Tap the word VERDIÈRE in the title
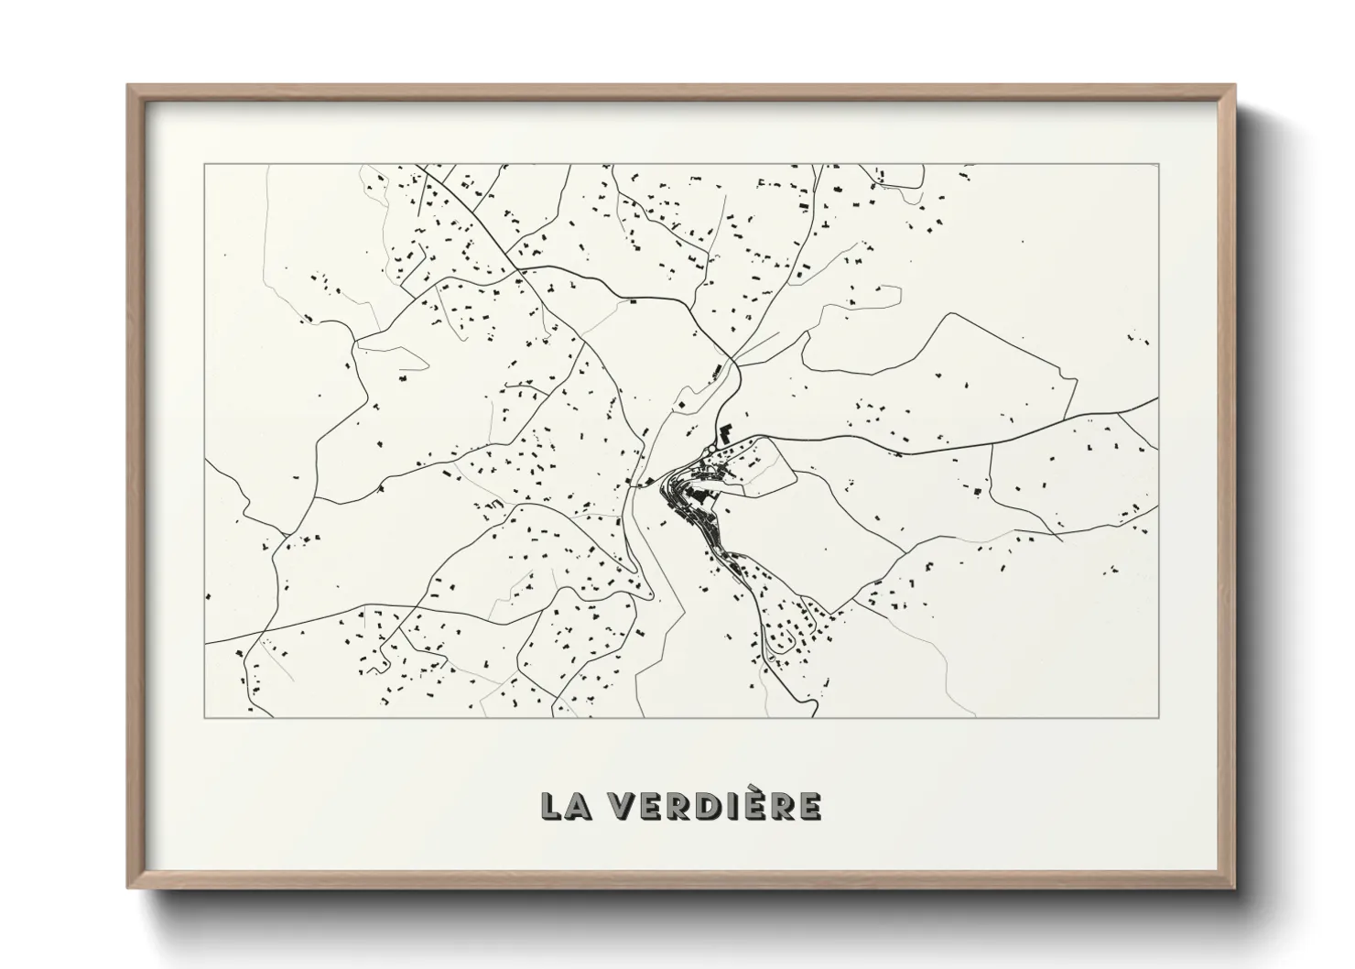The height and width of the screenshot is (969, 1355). click(718, 805)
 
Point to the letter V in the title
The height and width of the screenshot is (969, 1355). click(626, 805)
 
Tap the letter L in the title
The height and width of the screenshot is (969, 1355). click(551, 805)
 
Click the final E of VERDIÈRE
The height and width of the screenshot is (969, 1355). click(809, 805)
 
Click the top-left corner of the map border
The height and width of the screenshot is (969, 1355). click(205, 165)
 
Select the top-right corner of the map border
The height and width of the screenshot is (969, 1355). click(1158, 165)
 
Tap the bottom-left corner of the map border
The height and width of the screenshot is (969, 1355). click(205, 717)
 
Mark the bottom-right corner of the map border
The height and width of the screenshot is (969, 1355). click(1158, 717)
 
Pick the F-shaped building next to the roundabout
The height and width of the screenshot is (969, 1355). click(726, 432)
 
